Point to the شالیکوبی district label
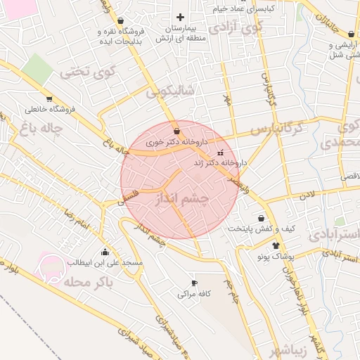pos(174,91)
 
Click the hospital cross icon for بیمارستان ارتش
pos(181,17)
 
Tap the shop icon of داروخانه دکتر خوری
pos(176,130)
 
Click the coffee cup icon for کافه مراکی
pos(194,283)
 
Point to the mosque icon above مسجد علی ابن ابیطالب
pos(105,252)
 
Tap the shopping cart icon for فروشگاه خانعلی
pos(49,98)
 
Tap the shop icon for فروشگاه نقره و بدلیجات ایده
pos(124,21)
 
